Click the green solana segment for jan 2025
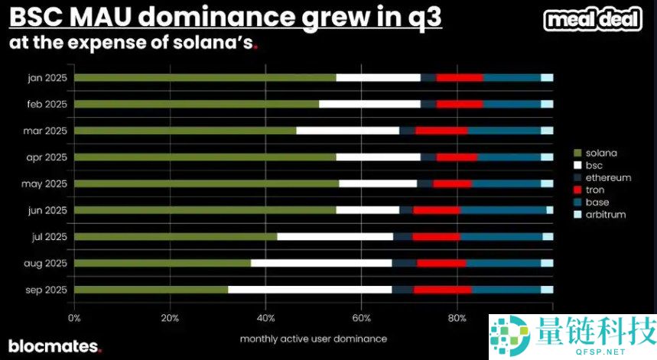[205, 77]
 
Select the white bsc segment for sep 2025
[310, 290]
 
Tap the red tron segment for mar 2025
[441, 131]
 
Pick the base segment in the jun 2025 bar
[503, 210]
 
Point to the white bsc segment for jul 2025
[335, 237]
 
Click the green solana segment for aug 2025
[162, 263]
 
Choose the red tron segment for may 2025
[452, 183]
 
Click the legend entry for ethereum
[608, 177]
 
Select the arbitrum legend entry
[606, 214]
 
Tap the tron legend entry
[594, 190]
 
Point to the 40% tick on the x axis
[265, 317]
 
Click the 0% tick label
[74, 317]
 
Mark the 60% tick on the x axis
[361, 317]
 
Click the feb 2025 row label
[46, 104]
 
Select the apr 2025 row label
[46, 157]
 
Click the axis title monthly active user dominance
[313, 338]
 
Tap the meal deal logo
[593, 21]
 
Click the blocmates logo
[54, 346]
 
